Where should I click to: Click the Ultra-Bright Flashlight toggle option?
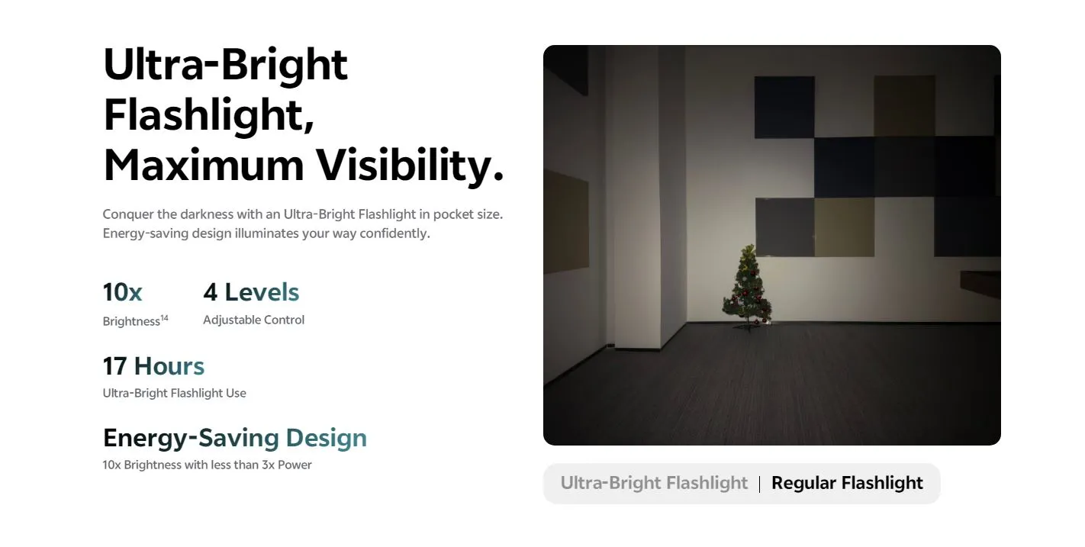[654, 483]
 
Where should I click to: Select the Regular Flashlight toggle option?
[847, 483]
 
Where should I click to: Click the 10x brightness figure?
[123, 292]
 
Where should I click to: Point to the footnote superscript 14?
[164, 318]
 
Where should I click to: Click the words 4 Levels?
[251, 292]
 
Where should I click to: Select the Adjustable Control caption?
[253, 320]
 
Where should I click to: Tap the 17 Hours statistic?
[153, 365]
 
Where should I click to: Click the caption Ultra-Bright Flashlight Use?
[175, 393]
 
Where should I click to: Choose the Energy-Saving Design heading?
[235, 438]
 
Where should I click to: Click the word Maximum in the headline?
[204, 166]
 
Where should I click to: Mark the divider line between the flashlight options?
[759, 484]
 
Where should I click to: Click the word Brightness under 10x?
[131, 321]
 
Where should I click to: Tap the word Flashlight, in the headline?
[209, 116]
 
